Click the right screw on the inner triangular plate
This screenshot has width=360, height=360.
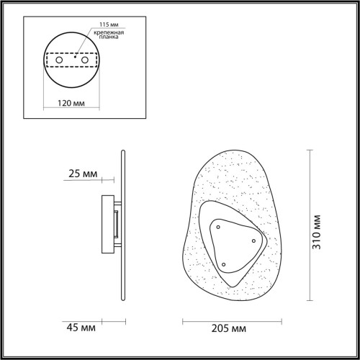click(253, 240)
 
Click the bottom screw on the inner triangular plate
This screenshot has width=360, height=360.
click(223, 265)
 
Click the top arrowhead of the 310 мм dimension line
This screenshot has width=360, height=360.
click(310, 150)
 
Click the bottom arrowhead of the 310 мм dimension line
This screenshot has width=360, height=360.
click(310, 300)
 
